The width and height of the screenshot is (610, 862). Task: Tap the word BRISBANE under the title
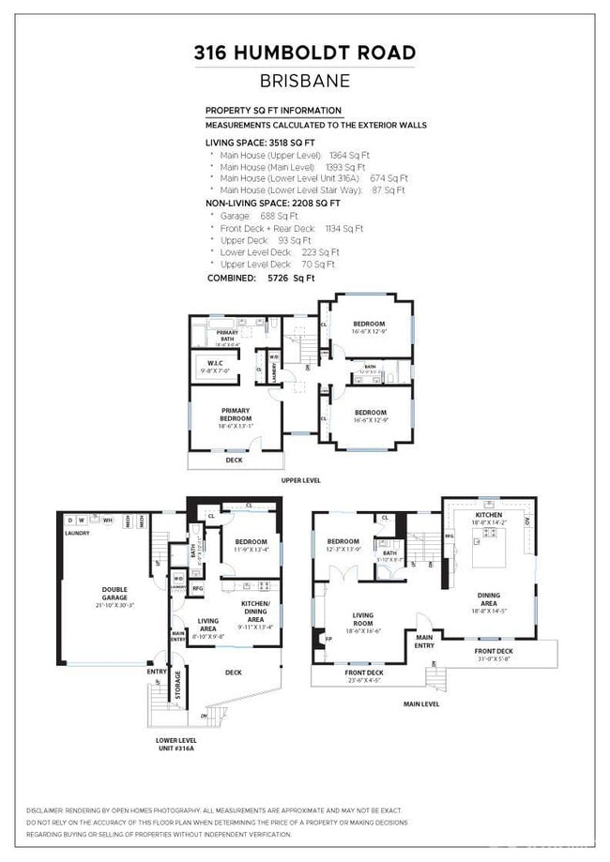click(x=305, y=82)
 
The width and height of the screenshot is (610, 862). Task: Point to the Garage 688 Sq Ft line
click(x=248, y=216)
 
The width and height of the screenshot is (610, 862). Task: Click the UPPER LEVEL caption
click(x=301, y=480)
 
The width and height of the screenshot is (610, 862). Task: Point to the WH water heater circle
click(x=106, y=520)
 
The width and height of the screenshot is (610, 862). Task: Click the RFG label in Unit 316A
click(x=197, y=589)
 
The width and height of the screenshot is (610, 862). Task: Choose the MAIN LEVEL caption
click(x=421, y=704)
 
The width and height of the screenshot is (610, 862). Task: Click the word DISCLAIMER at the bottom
click(x=46, y=810)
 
